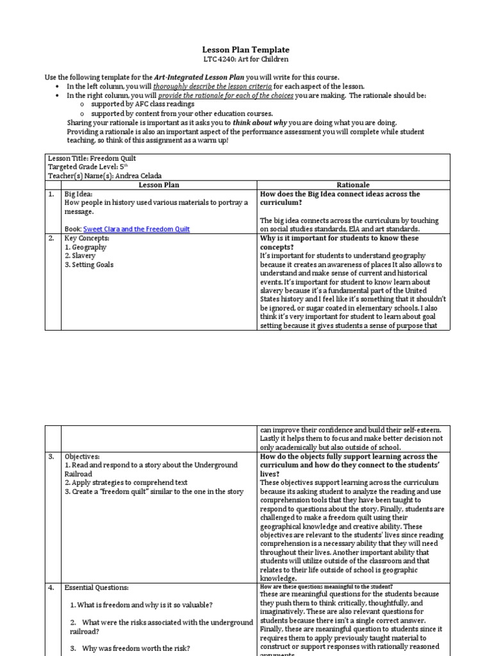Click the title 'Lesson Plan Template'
click(x=245, y=49)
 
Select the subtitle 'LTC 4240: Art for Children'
click(x=245, y=60)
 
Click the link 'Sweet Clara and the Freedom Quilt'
click(x=136, y=229)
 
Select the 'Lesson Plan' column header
click(x=159, y=185)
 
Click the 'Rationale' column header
click(x=353, y=185)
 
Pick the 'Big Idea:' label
click(x=79, y=194)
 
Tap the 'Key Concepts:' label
click(x=86, y=238)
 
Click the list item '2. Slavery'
click(x=80, y=256)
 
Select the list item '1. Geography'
click(x=85, y=247)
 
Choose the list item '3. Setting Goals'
click(x=89, y=265)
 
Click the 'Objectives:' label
click(x=83, y=456)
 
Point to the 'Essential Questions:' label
click(x=97, y=587)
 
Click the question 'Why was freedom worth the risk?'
click(x=135, y=648)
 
